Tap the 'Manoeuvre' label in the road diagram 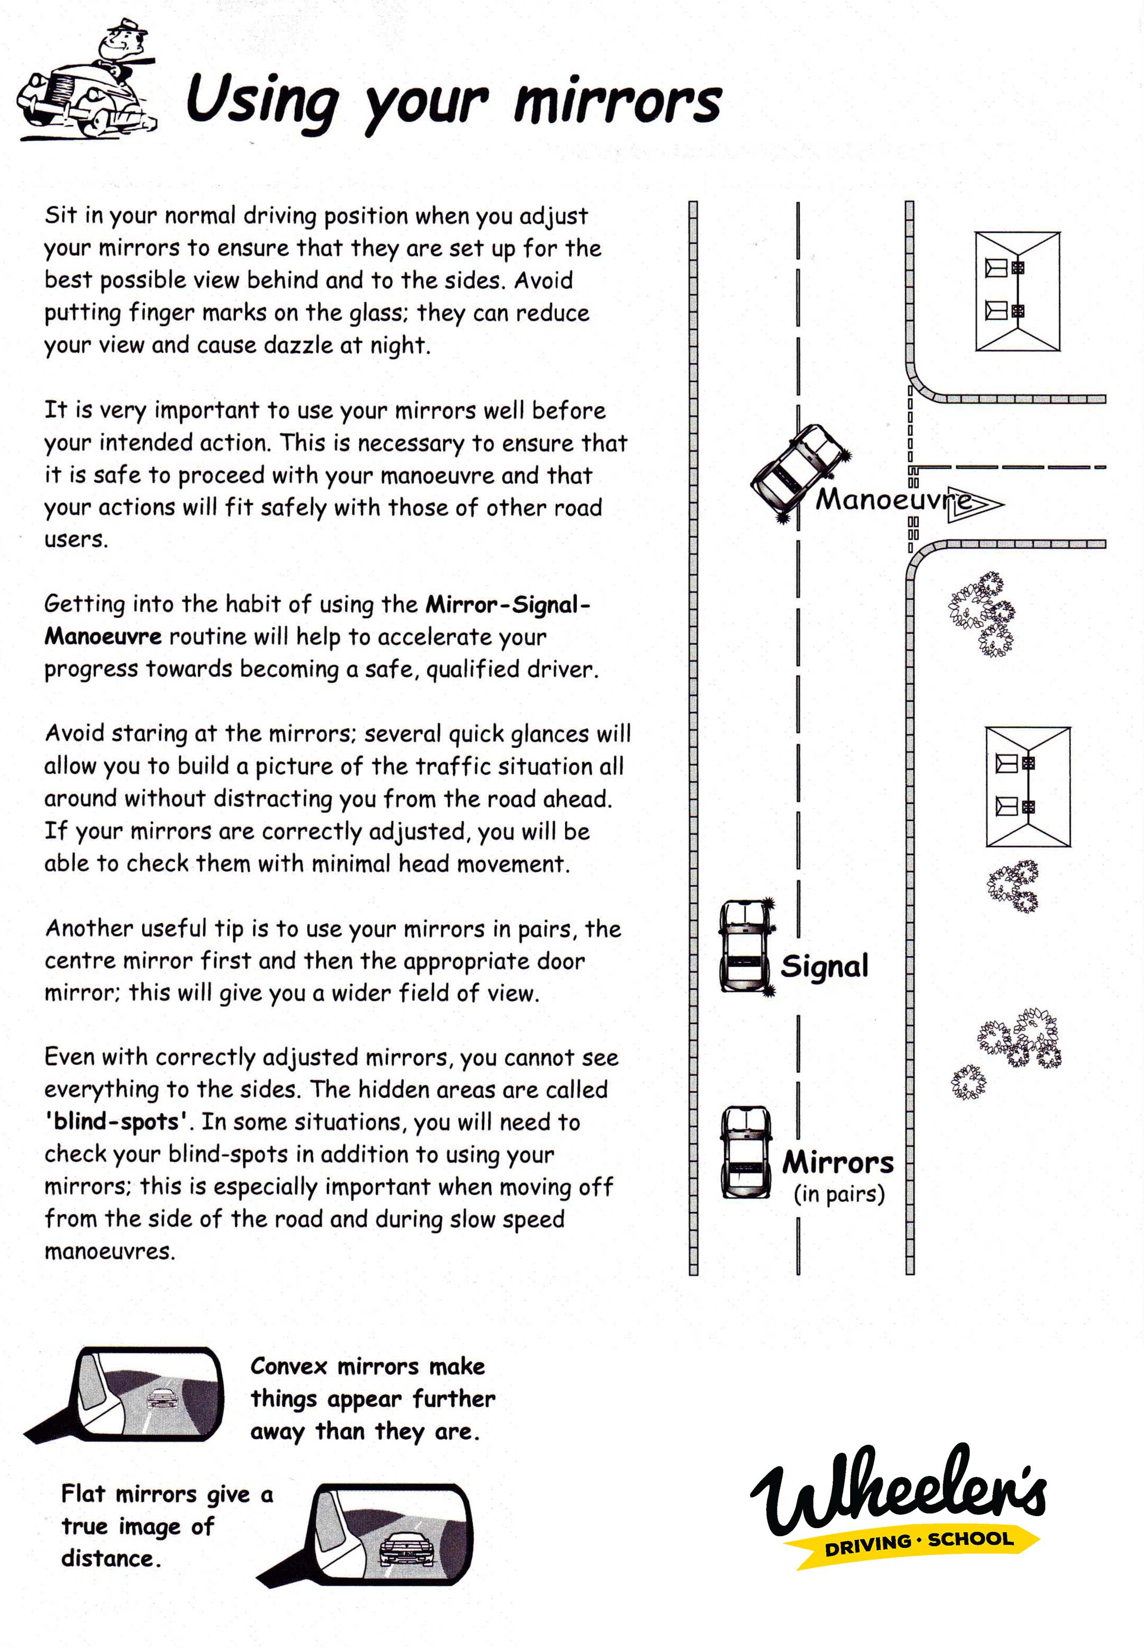[x=893, y=499]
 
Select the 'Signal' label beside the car [x=825, y=966]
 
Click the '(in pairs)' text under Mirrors [x=839, y=1194]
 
